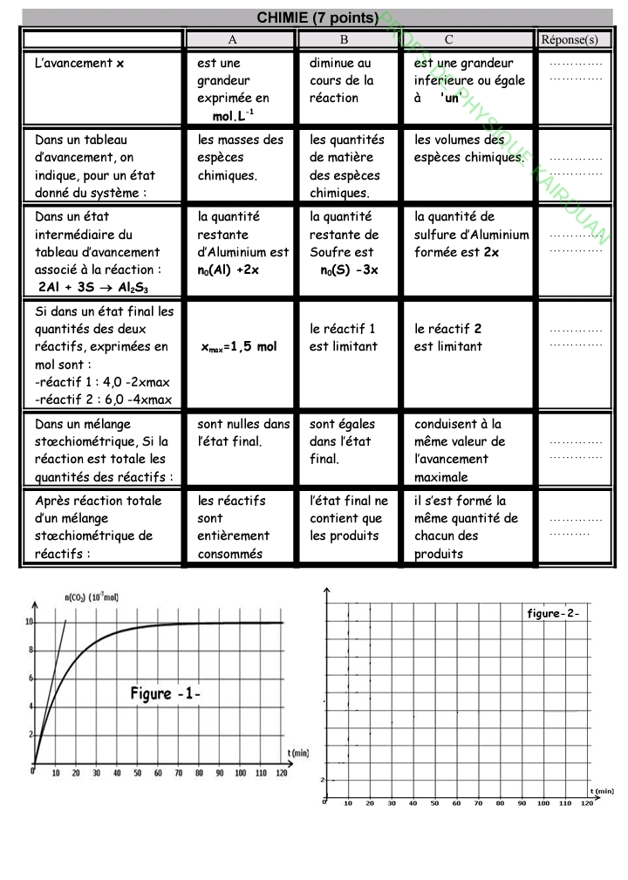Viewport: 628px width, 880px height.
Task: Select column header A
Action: (233, 39)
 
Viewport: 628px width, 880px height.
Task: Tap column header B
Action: (345, 39)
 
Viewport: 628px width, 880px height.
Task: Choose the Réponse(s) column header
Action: (570, 39)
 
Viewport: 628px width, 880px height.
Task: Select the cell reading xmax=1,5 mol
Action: (238, 346)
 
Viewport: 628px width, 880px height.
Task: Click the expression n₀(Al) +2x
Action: (229, 269)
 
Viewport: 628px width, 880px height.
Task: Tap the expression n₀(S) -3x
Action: (349, 269)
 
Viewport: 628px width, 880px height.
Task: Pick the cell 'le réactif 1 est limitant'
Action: (342, 338)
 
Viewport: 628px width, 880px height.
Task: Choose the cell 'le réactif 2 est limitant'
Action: (448, 338)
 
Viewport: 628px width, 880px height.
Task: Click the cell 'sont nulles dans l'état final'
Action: (243, 433)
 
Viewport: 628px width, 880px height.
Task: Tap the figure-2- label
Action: (553, 613)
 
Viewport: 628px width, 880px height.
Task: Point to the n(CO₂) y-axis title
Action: (92, 597)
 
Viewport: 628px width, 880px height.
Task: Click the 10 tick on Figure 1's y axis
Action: (29, 623)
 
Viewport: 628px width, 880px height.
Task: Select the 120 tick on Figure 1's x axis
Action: (281, 773)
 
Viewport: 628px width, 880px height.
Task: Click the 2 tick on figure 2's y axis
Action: (322, 779)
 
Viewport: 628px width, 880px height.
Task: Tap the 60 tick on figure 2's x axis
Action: (456, 803)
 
